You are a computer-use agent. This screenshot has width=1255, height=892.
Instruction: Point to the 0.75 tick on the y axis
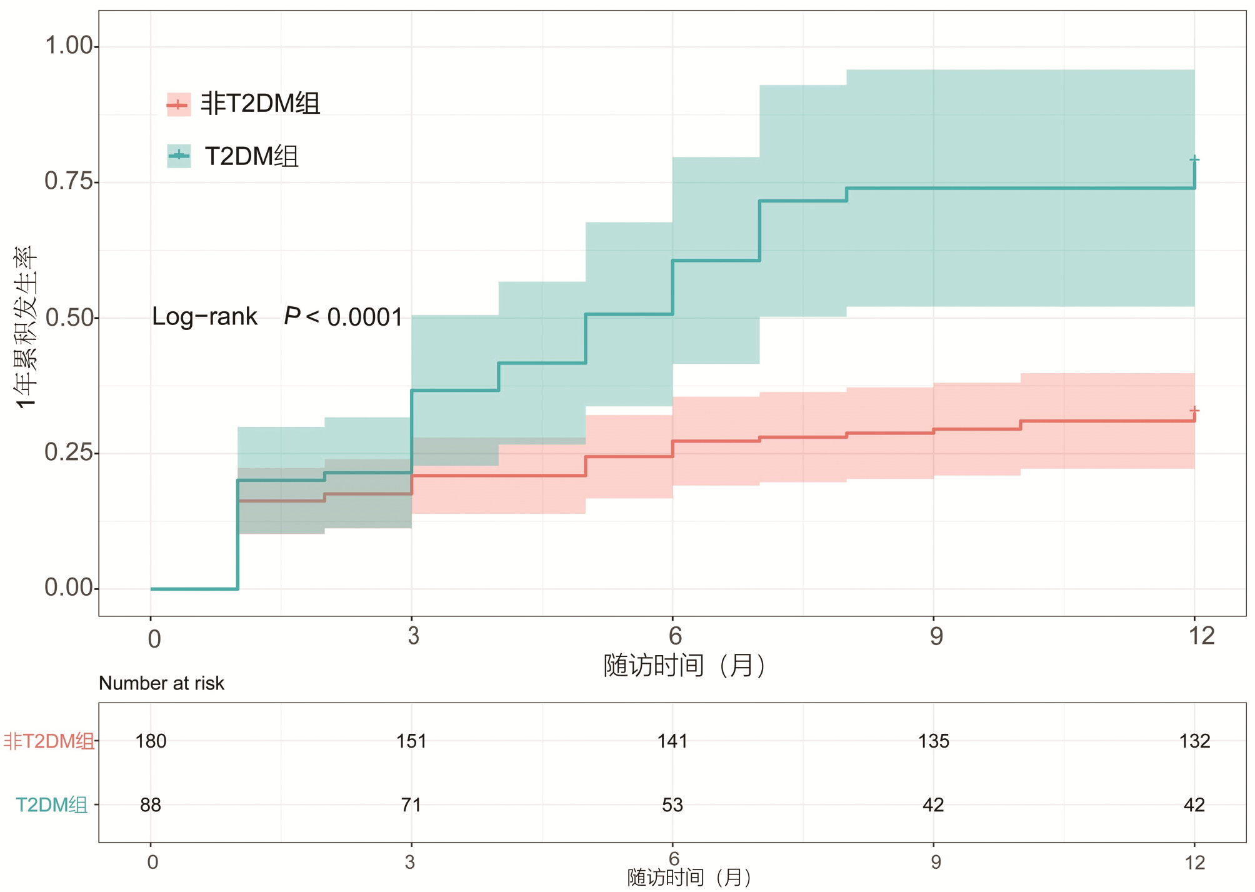point(70,181)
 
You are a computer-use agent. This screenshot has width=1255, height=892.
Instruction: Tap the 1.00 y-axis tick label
point(70,46)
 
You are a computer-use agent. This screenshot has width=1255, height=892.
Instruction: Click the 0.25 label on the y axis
point(70,452)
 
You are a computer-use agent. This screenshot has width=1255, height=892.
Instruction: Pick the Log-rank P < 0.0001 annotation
point(277,317)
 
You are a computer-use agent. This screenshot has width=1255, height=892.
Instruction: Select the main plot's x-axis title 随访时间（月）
point(684,665)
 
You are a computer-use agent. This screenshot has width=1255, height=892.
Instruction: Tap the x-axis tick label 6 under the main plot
point(675,636)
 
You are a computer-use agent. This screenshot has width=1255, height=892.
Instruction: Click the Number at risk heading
point(161,683)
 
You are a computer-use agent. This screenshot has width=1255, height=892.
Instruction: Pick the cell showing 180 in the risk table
point(151,741)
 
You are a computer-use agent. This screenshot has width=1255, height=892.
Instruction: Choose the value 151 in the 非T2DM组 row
point(411,741)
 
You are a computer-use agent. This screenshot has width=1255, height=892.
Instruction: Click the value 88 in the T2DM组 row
point(151,805)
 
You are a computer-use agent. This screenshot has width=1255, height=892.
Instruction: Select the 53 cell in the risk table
point(672,805)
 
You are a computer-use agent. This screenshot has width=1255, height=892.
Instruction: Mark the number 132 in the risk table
point(1194,741)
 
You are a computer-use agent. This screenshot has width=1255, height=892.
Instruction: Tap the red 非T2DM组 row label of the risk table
point(49,741)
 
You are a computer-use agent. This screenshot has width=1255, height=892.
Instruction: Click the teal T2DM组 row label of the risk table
point(52,805)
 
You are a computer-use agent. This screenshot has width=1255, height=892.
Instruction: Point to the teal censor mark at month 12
point(1194,159)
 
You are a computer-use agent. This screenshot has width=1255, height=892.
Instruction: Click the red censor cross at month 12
point(1194,411)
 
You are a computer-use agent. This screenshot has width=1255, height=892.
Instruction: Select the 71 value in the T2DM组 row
point(411,805)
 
